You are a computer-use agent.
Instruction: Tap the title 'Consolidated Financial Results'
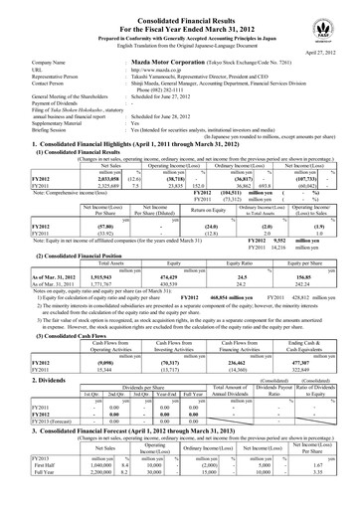coord(180,10)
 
